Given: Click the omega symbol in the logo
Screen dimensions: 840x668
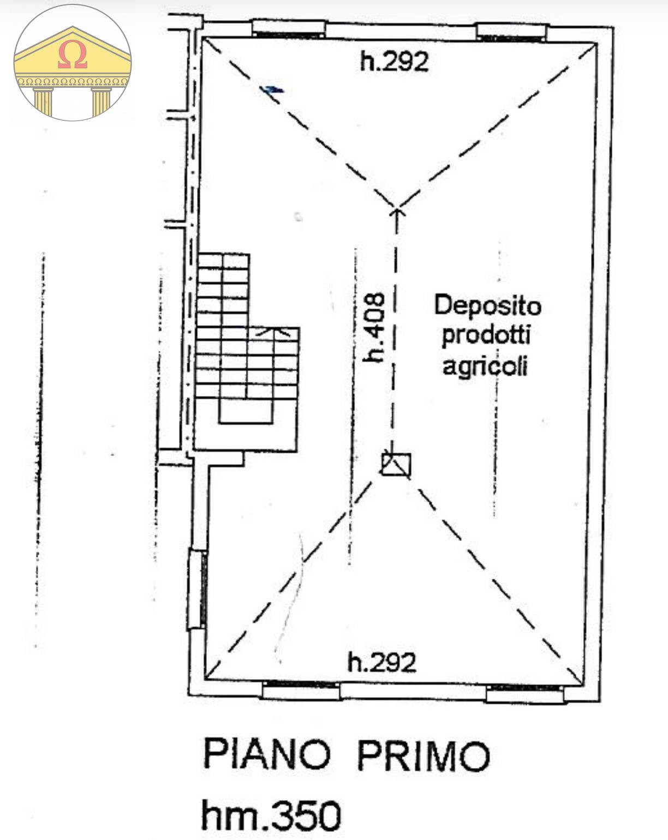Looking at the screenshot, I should point(72,56).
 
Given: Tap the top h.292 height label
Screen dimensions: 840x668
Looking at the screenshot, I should point(394,61).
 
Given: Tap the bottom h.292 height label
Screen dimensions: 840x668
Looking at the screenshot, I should point(382,662).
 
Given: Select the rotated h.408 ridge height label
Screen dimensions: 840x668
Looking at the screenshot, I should point(375,327).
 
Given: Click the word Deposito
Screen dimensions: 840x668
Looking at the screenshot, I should point(487,305).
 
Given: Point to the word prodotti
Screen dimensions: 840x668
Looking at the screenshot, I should point(486,335).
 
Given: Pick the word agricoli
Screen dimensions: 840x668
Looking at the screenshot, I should point(485,365).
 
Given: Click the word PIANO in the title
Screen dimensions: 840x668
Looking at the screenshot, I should point(267,754).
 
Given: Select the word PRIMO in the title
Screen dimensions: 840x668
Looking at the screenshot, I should point(424,755).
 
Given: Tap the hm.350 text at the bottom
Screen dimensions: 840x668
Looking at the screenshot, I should point(271,815).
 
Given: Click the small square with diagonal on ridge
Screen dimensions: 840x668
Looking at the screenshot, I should point(396,465).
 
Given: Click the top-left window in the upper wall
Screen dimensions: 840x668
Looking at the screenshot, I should point(290,31).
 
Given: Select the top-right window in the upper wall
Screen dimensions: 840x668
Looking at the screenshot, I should point(511,33).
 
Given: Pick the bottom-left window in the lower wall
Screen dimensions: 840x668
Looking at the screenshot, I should point(301,690).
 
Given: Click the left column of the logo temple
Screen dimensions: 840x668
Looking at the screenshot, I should point(43,102).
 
